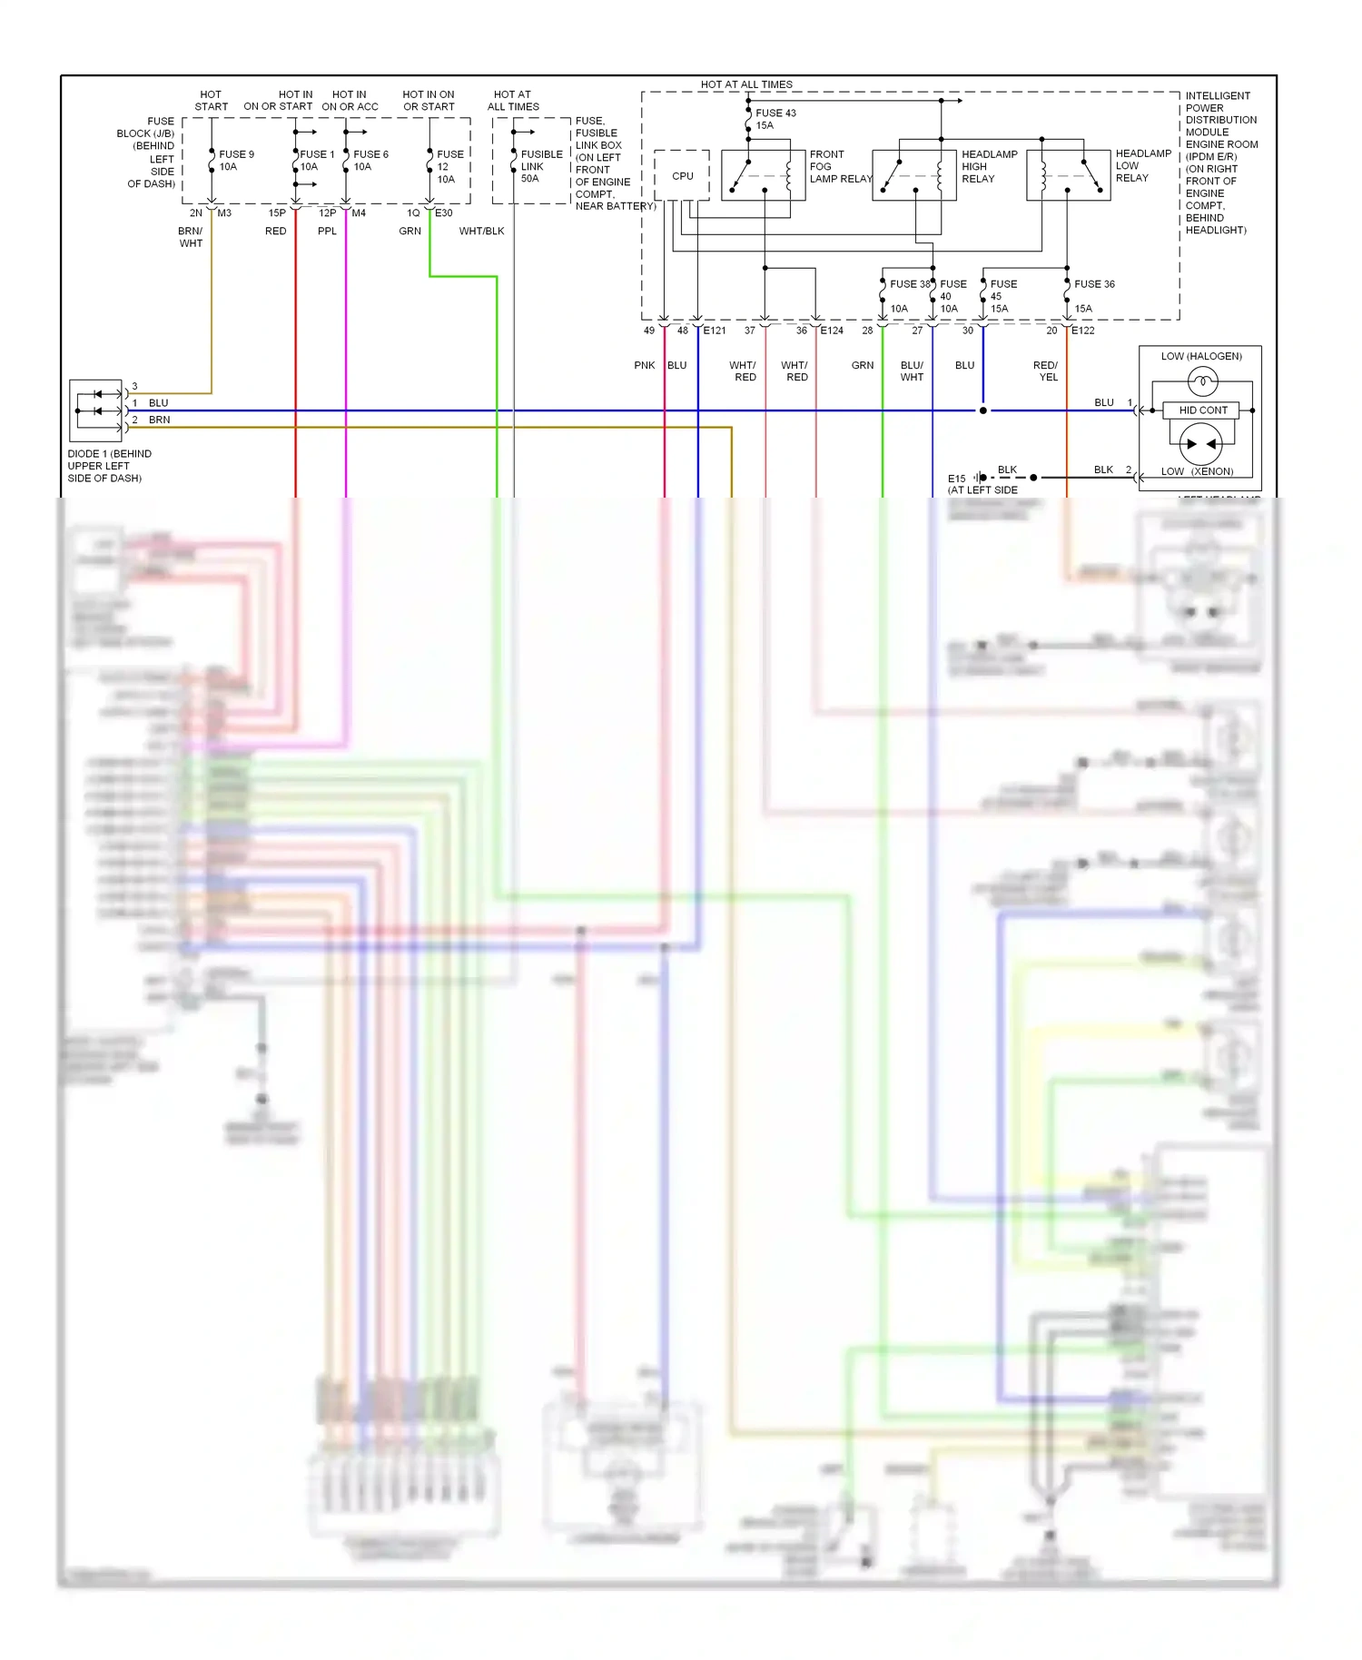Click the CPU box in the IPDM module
(682, 175)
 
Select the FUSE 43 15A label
(775, 119)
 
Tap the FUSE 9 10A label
(236, 160)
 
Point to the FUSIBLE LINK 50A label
(540, 166)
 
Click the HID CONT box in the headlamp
(1202, 410)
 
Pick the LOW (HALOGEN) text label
(1200, 356)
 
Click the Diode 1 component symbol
(96, 410)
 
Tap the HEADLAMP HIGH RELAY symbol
(914, 175)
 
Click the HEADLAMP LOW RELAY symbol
(1069, 175)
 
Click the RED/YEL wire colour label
(1046, 371)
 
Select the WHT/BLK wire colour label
(481, 232)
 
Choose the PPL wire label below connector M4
(327, 232)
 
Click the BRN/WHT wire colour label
(191, 237)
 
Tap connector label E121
(715, 331)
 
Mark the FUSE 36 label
(1094, 284)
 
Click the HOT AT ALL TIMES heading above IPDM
(746, 84)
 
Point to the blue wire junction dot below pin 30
(982, 410)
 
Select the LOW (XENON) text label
(1197, 471)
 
